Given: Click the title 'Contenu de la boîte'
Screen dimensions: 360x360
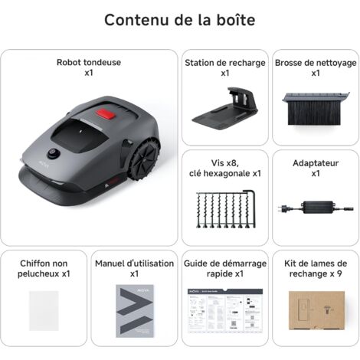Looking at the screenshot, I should click(180, 20).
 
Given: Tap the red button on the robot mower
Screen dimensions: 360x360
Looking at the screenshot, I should click(106, 116).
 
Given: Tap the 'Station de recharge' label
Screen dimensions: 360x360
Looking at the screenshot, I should click(224, 68).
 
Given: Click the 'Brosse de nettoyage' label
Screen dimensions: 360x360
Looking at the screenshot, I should click(316, 68).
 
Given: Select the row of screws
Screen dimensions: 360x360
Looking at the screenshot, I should click(225, 211).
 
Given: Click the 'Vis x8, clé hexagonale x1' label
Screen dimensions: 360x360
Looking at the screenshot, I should click(225, 169).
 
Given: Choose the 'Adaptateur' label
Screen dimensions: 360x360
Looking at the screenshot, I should click(316, 169).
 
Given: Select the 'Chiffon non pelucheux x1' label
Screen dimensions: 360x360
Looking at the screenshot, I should click(44, 267).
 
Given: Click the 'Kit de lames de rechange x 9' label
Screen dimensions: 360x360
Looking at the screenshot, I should click(316, 267).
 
